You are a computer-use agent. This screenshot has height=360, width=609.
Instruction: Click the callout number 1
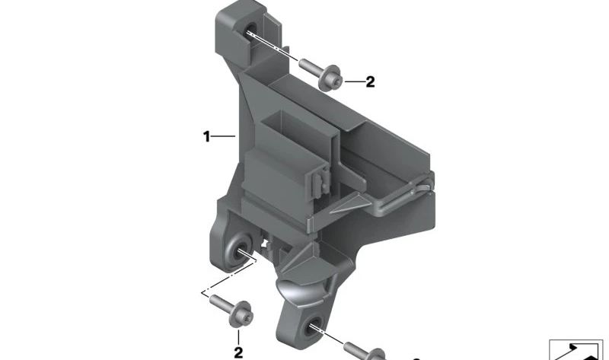[206, 137]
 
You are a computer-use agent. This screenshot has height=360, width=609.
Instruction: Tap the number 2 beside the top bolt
[370, 82]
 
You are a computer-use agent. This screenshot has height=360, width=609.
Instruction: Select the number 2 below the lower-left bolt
[238, 352]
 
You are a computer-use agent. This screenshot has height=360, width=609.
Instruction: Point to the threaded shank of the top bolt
[309, 66]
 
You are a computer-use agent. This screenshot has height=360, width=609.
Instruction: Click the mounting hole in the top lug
[250, 31]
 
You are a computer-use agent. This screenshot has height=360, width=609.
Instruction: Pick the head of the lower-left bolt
[241, 314]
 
